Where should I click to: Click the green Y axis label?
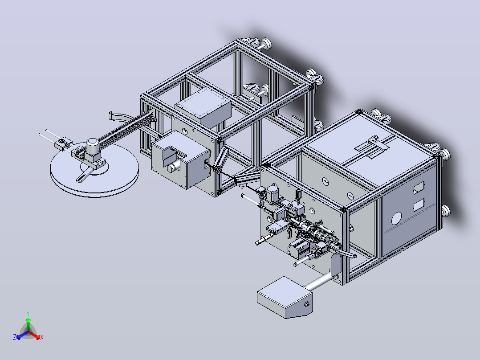coord(28,313)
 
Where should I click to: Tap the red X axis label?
coord(42,337)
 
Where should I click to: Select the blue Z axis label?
coord(15,337)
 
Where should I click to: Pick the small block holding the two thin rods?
coord(63,143)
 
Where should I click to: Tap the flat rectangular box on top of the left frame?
coord(203,107)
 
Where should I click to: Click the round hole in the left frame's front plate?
coord(185,131)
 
